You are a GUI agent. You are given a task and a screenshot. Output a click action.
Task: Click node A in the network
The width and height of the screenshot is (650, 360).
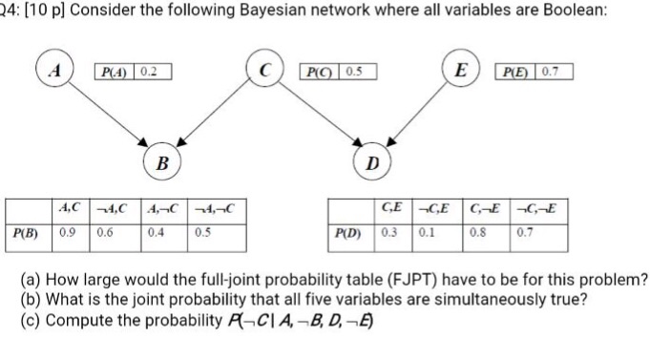tap(59, 71)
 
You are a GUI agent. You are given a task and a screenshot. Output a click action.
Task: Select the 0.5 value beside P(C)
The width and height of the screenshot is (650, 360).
tap(354, 71)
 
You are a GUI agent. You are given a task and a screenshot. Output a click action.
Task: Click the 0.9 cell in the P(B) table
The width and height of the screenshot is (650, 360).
tap(69, 231)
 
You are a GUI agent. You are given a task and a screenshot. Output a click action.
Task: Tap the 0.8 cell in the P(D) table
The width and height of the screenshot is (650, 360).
tap(477, 231)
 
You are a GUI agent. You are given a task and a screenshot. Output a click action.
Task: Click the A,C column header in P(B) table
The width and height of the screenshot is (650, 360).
tap(70, 208)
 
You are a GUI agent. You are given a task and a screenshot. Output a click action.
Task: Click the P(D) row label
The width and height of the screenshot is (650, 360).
tap(350, 231)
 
